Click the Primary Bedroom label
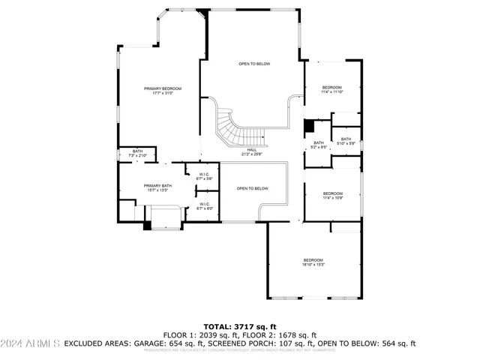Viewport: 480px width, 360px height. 163,91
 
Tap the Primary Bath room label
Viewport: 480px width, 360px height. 157,187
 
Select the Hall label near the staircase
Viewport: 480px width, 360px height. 251,151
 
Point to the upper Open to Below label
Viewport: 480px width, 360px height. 254,64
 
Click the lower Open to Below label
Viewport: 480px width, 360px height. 253,188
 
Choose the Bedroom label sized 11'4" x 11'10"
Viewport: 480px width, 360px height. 332,89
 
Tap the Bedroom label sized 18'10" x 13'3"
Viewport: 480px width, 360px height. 313,262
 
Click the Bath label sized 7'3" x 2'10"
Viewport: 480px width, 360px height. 138,153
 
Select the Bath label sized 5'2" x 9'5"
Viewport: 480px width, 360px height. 319,145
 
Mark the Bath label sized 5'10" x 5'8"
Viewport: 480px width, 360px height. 346,140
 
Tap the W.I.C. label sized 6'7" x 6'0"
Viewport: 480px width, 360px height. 204,206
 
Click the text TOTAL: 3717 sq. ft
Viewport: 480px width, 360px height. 239,326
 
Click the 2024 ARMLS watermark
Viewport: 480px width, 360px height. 30,343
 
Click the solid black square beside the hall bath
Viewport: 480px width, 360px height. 308,125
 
